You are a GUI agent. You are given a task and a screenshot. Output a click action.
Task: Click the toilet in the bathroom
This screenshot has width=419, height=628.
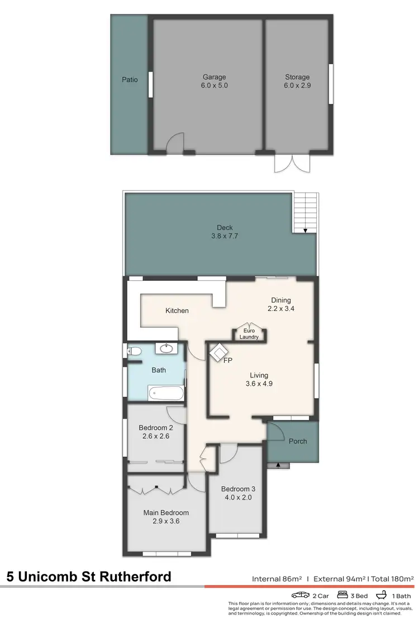point(134,351)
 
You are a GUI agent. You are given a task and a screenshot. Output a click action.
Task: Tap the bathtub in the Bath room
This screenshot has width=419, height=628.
point(166,393)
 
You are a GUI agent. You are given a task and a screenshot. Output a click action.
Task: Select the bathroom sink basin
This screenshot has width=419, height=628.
point(166,349)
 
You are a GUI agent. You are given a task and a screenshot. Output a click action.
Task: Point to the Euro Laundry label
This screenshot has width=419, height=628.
point(249,334)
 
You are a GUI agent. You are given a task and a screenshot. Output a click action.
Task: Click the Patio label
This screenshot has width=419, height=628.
point(130,80)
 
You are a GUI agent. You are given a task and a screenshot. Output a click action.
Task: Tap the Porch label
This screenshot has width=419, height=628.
point(297,441)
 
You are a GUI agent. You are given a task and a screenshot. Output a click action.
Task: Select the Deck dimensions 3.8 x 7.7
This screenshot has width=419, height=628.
point(225,236)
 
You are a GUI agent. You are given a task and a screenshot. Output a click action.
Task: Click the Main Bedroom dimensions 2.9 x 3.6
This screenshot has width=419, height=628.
point(166,521)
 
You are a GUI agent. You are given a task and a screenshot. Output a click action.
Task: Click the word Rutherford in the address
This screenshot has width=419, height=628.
point(134,577)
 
